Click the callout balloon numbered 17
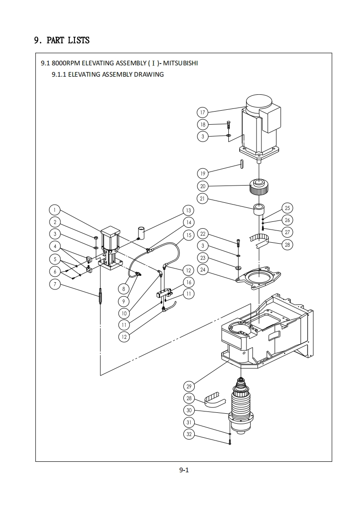tap(202, 113)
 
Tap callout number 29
tap(189, 387)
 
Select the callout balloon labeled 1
tap(55, 210)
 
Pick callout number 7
tap(55, 284)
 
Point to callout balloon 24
tap(203, 270)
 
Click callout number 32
tap(189, 434)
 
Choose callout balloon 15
tap(189, 235)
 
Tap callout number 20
tap(203, 186)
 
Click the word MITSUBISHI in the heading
tap(180, 63)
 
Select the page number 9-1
tap(184, 470)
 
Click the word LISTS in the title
tap(79, 40)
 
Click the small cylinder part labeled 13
tap(141, 233)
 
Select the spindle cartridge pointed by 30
tap(242, 407)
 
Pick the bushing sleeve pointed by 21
tap(259, 209)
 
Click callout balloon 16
tap(189, 282)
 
